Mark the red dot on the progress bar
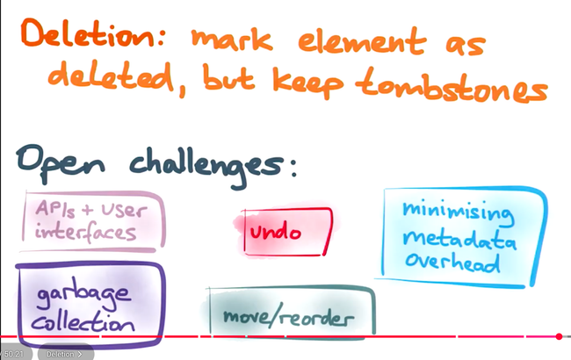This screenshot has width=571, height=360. (559, 336)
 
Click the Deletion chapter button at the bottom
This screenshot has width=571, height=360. (64, 354)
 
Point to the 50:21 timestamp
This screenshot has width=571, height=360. (12, 354)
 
